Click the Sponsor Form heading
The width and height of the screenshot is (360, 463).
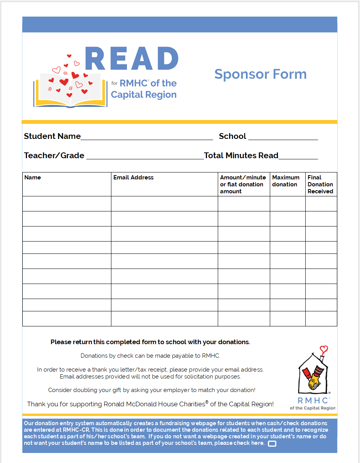260,74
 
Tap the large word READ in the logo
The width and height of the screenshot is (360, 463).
131,59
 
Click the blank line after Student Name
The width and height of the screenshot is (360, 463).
146,137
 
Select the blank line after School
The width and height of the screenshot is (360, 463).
283,137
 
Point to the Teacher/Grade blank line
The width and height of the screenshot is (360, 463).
145,156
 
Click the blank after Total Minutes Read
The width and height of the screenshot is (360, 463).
298,156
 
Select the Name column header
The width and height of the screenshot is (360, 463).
33,177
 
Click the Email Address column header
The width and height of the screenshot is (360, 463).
133,177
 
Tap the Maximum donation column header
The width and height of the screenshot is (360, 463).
286,181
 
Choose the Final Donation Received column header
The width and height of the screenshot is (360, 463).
320,184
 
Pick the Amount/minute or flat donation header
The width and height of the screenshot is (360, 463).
243,184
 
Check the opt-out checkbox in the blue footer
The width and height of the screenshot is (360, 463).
272,443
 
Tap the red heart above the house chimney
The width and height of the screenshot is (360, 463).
325,350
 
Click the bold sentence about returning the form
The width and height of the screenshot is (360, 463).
150,342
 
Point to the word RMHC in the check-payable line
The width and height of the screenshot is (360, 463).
210,356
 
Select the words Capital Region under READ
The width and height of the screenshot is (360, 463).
144,95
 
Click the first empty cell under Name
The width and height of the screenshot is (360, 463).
67,204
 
